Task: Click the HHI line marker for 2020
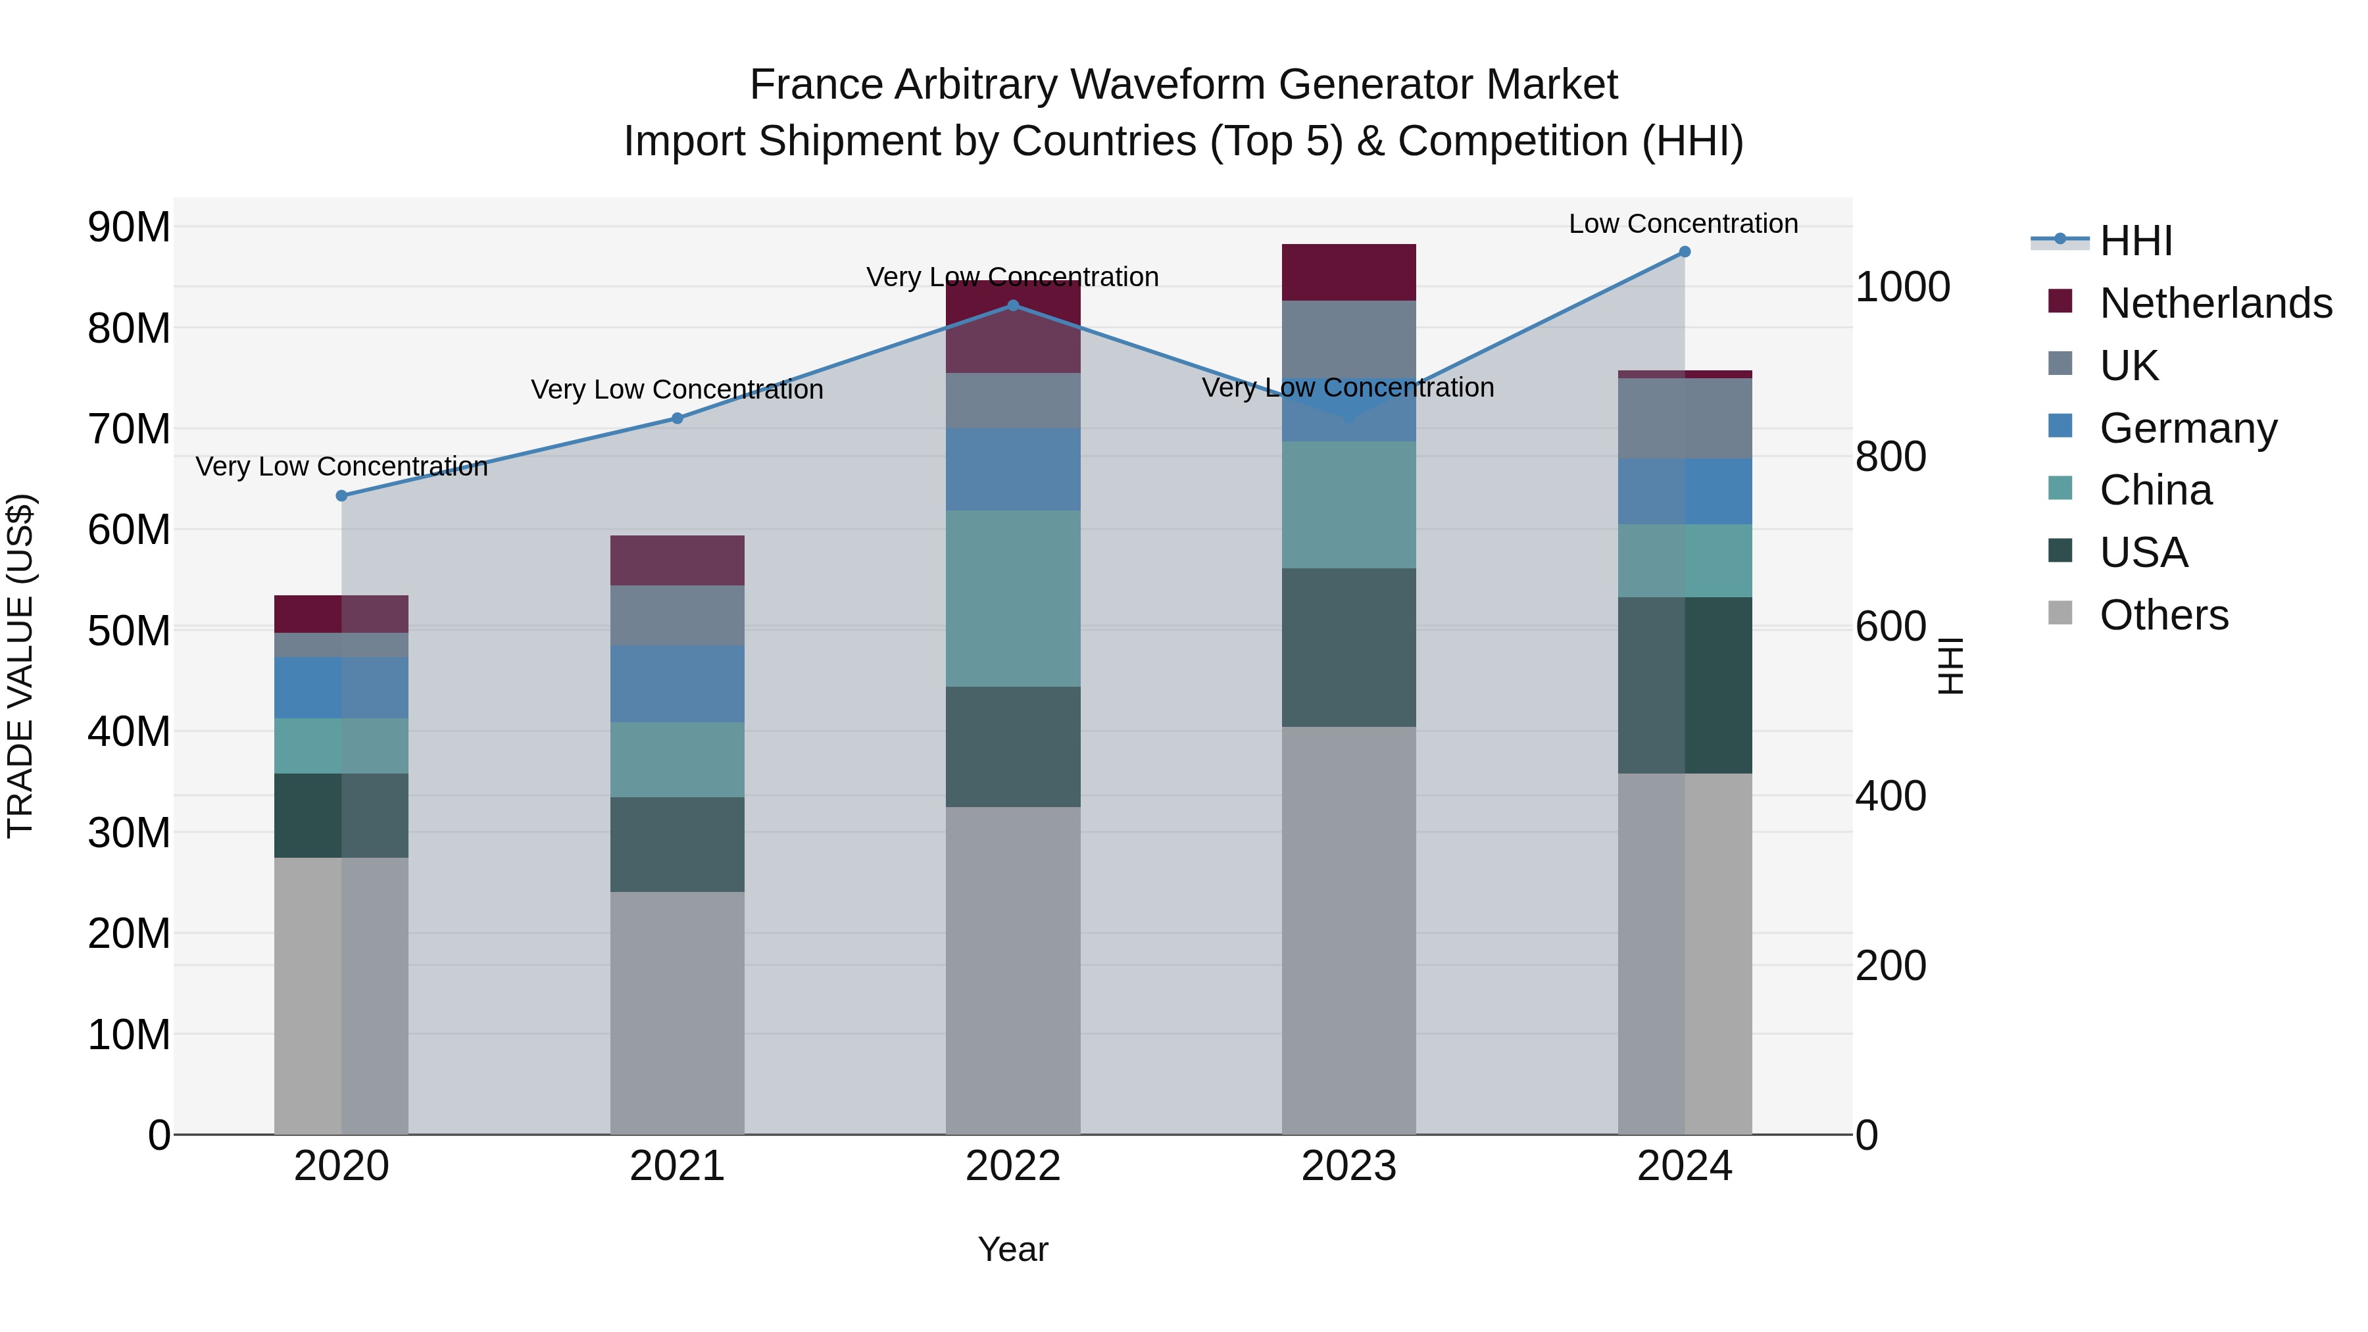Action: [x=341, y=495]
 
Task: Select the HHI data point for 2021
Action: [x=678, y=418]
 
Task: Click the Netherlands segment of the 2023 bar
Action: [x=1348, y=272]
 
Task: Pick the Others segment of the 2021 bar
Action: [x=678, y=1011]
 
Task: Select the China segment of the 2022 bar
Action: [x=1013, y=599]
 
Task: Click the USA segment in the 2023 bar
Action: [x=1348, y=647]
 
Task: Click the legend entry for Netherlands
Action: [x=2215, y=303]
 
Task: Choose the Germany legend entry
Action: [x=2188, y=428]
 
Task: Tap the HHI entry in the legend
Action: [x=2135, y=241]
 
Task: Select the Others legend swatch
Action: [x=2061, y=613]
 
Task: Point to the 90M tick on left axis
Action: [x=129, y=227]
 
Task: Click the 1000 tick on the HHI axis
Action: [x=1902, y=287]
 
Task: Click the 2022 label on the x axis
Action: [x=1013, y=1166]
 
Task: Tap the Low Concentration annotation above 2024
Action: [x=1683, y=224]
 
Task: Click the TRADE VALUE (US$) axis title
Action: [x=20, y=666]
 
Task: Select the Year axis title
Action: [x=1013, y=1249]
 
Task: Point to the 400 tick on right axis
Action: [x=1890, y=796]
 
